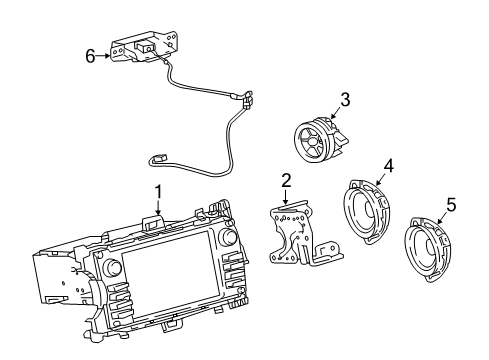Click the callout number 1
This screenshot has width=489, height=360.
[x=156, y=191]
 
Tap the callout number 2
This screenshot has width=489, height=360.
[x=286, y=180]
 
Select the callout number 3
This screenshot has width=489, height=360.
[x=344, y=99]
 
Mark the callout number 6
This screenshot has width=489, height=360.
[x=90, y=57]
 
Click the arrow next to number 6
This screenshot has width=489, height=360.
[x=104, y=57]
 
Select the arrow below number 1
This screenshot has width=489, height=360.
[x=156, y=207]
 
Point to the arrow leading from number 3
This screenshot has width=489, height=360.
[x=335, y=112]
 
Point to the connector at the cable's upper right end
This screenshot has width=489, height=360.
[x=243, y=99]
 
